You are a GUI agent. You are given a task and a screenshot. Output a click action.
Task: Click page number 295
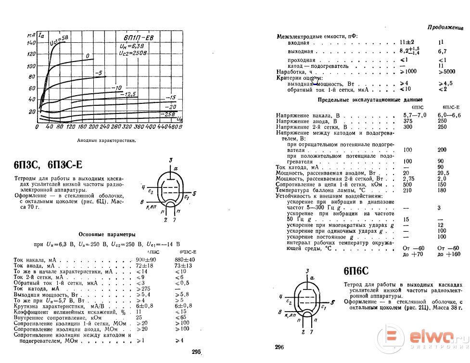point(195,352)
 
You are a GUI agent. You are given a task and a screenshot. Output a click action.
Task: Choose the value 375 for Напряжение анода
point(407,122)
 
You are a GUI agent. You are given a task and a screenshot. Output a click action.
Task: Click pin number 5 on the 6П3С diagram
point(194,193)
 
